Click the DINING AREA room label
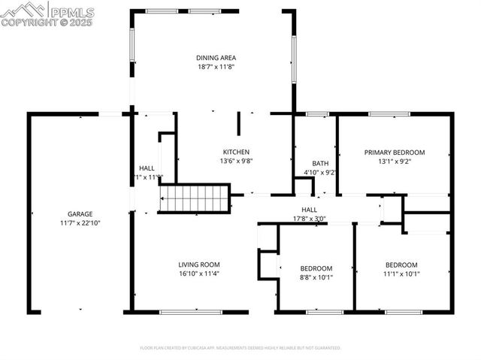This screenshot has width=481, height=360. [x=217, y=57]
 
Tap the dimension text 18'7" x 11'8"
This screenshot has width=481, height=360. [x=217, y=67]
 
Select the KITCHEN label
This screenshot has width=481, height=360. [x=235, y=152]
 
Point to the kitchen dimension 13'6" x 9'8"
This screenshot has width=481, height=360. [x=235, y=161]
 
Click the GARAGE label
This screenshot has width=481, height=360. [x=80, y=214]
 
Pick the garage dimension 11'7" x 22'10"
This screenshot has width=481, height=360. [x=80, y=223]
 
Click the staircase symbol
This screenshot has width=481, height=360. [x=193, y=199]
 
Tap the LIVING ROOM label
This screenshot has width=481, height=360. [x=198, y=265]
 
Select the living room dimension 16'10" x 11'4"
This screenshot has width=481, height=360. [x=198, y=274]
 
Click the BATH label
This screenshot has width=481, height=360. [x=320, y=163]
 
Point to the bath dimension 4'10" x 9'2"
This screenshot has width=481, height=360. [x=320, y=172]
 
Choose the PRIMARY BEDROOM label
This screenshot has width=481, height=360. [x=395, y=152]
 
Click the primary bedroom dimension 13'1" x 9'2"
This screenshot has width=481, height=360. [x=395, y=161]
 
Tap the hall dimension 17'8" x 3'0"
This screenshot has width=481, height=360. [x=309, y=219]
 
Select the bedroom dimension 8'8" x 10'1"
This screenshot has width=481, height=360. [x=316, y=277]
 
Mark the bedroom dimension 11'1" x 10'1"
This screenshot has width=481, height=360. [x=401, y=274]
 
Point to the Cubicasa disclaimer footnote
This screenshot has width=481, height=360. [x=240, y=348]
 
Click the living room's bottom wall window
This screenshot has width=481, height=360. [x=191, y=311]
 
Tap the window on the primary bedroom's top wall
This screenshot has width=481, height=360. [x=389, y=114]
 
